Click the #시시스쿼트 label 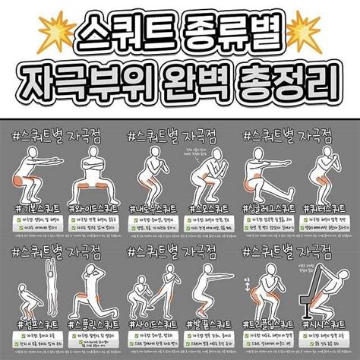(x=327, y=321)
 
